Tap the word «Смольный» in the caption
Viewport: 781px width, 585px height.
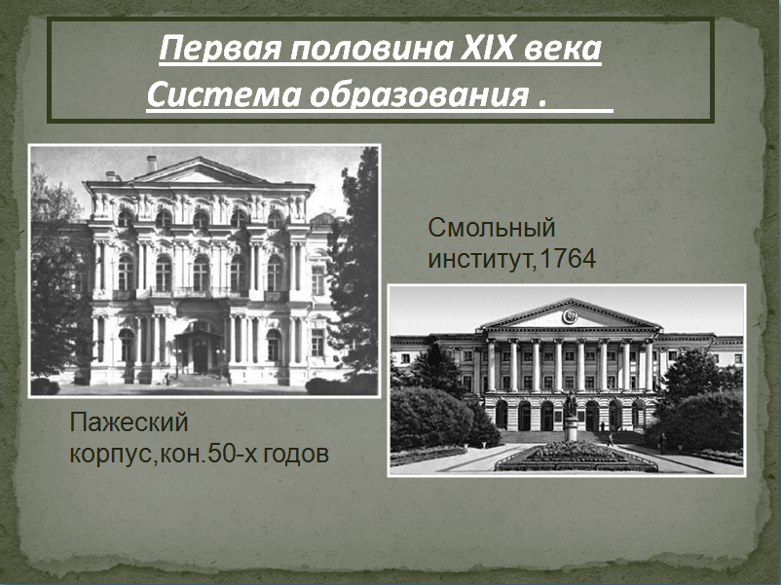[x=492, y=229]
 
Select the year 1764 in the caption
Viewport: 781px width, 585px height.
[x=568, y=259]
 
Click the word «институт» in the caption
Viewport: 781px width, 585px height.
[x=481, y=260]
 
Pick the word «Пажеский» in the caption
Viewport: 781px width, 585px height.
[x=129, y=422]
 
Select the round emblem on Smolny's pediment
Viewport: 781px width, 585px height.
[x=570, y=316]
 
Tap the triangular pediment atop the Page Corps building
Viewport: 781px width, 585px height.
[x=200, y=170]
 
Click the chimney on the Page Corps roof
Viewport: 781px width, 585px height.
[x=152, y=164]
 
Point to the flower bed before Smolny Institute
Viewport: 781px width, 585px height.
[x=576, y=457]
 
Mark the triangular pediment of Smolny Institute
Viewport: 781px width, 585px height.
[x=570, y=314]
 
